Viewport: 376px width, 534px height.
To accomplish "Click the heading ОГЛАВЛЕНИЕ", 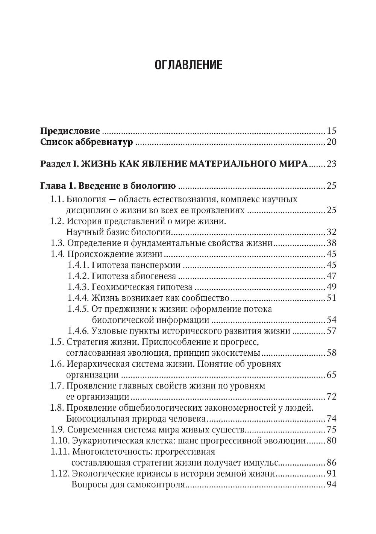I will tap(188, 65).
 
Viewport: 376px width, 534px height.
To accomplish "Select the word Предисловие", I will tap(70, 131).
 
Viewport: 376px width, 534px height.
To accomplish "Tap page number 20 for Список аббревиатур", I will tap(331, 142).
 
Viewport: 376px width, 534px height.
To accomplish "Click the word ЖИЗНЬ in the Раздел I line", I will tap(98, 164).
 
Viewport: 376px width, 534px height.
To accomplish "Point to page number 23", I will tap(331, 164).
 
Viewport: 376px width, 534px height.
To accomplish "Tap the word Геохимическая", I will tap(123, 287).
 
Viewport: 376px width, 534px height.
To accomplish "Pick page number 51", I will tap(331, 298).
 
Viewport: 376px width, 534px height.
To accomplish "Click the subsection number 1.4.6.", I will tap(78, 331).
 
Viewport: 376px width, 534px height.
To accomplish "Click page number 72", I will tap(331, 397).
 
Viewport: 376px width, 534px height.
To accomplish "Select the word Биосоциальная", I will tap(98, 419).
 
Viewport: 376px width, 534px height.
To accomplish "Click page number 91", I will tap(331, 474).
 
